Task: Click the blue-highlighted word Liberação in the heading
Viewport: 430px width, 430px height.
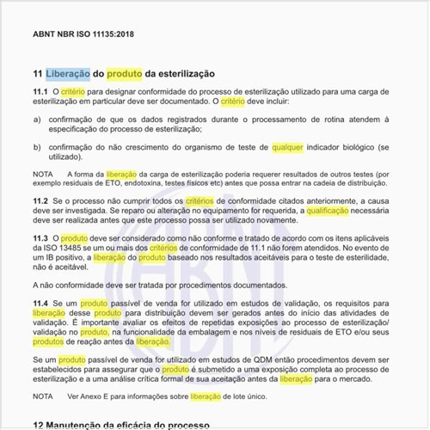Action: click(x=67, y=74)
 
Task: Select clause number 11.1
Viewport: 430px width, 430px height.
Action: click(x=40, y=90)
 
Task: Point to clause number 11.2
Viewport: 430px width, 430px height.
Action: click(x=40, y=200)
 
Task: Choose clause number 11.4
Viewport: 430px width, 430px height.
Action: click(x=40, y=304)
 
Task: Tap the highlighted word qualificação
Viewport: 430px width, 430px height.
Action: click(x=333, y=210)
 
